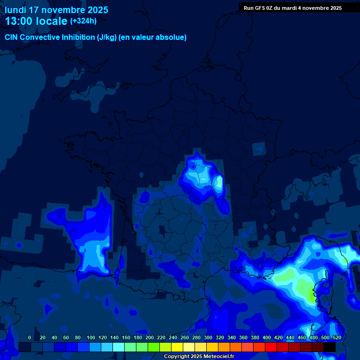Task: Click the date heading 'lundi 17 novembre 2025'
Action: [x=56, y=10]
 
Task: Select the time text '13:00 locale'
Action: [x=36, y=21]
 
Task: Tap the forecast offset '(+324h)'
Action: [x=83, y=21]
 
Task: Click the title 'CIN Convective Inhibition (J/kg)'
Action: [x=61, y=37]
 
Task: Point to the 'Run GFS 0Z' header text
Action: [x=258, y=8]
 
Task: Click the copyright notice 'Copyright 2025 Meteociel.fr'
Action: [x=199, y=357]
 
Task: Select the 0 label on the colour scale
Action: [x=30, y=337]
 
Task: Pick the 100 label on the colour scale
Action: [x=91, y=337]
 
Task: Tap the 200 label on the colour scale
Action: [x=150, y=337]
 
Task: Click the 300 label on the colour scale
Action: [x=208, y=337]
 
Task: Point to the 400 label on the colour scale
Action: [x=267, y=337]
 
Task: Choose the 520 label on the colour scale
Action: [x=337, y=337]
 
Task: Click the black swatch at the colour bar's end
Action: [x=330, y=347]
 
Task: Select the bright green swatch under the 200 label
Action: [x=154, y=347]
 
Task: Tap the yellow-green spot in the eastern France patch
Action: [x=219, y=181]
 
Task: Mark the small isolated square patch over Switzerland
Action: [x=259, y=149]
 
